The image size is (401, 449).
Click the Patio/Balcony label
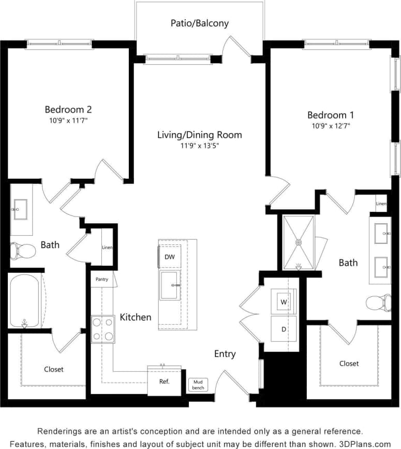[x=200, y=23]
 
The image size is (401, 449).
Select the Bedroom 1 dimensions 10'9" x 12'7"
[x=330, y=126]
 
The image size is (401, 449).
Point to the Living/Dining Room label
[x=200, y=135]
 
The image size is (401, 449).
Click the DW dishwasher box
[x=170, y=257]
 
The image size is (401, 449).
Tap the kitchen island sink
[x=170, y=285]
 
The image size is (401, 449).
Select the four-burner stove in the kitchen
[x=102, y=329]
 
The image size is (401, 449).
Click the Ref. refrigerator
[x=164, y=382]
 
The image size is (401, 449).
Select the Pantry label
[x=102, y=280]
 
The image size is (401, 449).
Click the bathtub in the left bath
[x=24, y=300]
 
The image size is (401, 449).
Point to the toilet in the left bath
[x=22, y=251]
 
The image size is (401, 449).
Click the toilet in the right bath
[x=379, y=302]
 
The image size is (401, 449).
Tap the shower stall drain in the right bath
[x=299, y=242]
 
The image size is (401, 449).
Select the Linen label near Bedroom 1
[x=381, y=204]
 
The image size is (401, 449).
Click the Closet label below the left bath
[x=54, y=369]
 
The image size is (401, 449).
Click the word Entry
[x=225, y=354]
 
